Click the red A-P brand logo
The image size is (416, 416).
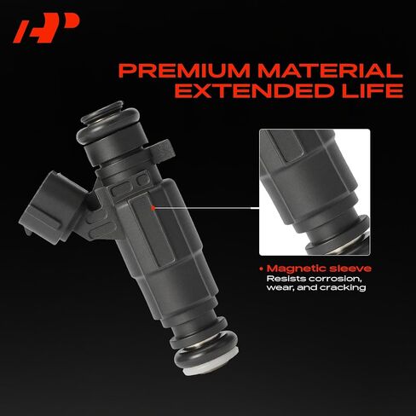pos(46,29)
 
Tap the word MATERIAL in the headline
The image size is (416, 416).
pos(330,71)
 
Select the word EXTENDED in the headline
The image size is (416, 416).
pos(254,90)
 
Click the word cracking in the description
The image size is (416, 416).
pos(343,287)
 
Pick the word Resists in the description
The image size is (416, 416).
pos(286,279)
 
